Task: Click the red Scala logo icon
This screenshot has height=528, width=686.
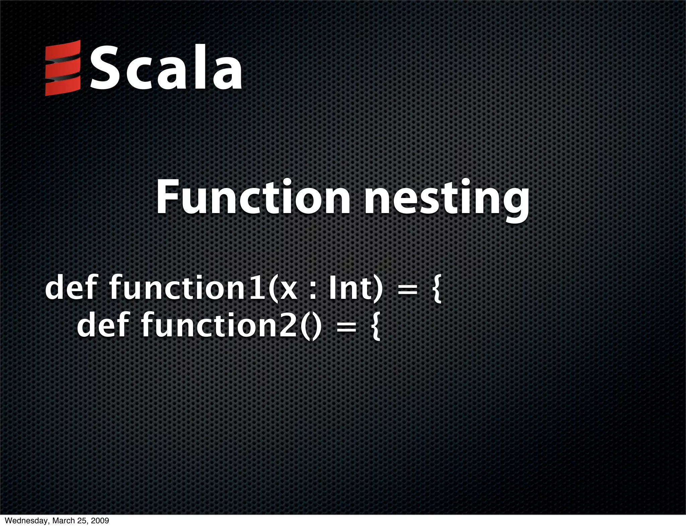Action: [63, 68]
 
